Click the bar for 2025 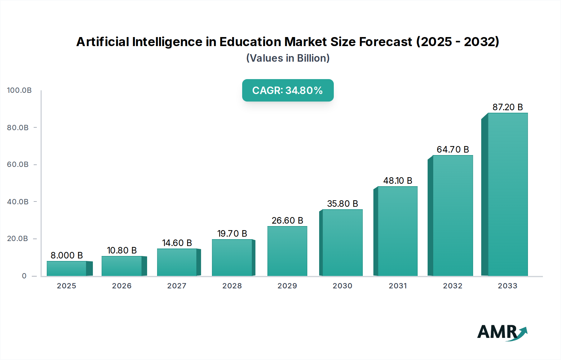[67, 268]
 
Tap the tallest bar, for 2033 [507, 194]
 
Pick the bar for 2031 [397, 231]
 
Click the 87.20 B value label [507, 107]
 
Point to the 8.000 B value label [67, 255]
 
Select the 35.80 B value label [342, 204]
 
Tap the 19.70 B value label [232, 234]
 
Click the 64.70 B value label [453, 149]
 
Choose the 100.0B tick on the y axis [19, 90]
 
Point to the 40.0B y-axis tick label [18, 202]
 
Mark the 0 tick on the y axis [24, 276]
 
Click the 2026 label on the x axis [122, 286]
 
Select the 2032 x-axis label [453, 286]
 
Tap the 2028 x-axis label [232, 286]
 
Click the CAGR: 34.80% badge [288, 90]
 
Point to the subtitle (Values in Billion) [288, 58]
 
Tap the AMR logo [502, 332]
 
